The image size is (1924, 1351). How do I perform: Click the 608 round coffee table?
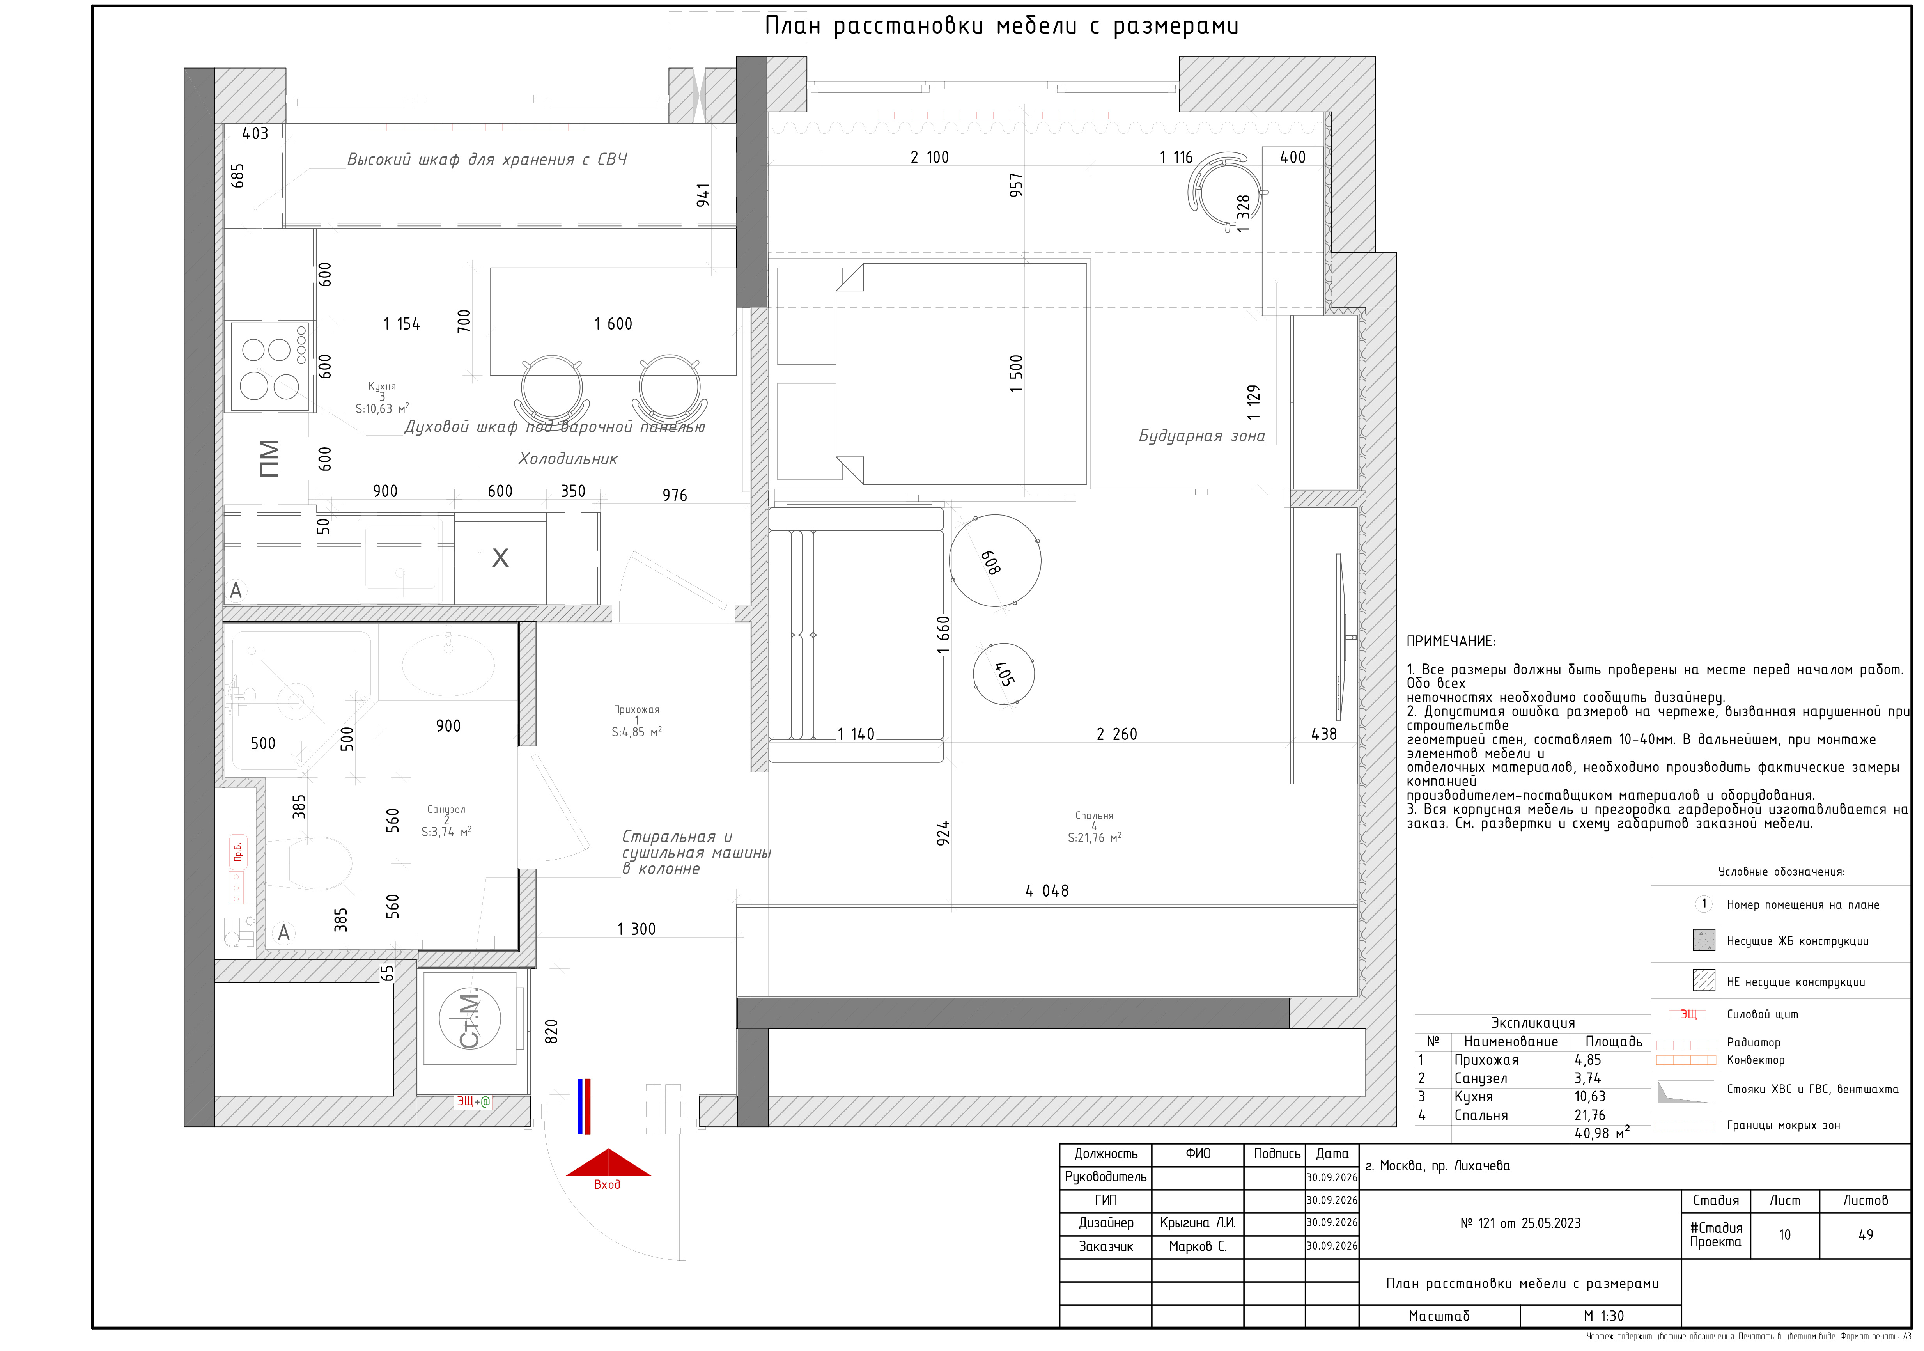(x=996, y=560)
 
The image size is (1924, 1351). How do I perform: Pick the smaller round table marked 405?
(x=1004, y=674)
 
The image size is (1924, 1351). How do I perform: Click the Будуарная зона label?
(x=1202, y=436)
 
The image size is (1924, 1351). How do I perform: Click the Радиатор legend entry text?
(x=1753, y=1043)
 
